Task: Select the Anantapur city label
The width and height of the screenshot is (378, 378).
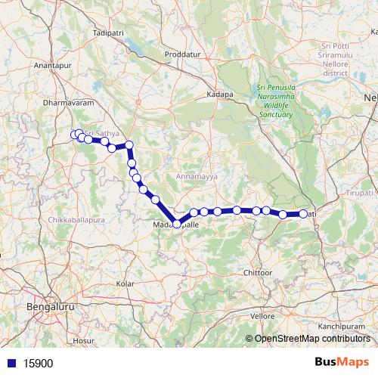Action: tap(51, 66)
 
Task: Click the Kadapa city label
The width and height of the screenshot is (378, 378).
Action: tap(220, 95)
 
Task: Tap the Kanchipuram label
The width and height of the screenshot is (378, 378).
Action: tap(345, 326)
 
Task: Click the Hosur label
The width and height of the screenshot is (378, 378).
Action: tap(83, 341)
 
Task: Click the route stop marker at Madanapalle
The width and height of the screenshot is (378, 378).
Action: tap(177, 224)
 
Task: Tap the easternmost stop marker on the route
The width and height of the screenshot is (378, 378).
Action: tap(303, 214)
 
